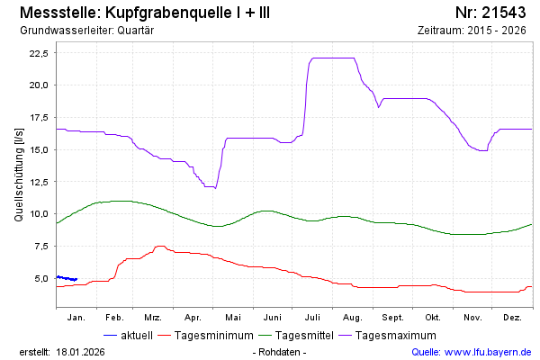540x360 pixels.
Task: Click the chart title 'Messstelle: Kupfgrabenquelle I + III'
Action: (143, 13)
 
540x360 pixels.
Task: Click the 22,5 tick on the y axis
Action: (39, 52)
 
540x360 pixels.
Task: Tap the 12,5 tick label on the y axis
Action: (39, 182)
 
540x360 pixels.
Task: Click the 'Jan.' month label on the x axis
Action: (76, 318)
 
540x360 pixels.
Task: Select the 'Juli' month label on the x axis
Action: (313, 318)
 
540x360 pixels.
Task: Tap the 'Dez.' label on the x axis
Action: (512, 318)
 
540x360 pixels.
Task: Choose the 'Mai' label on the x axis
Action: (233, 318)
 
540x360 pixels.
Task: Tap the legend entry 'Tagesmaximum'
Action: (395, 336)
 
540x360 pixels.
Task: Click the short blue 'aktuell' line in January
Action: (67, 278)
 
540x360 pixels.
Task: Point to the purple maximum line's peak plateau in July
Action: (331, 58)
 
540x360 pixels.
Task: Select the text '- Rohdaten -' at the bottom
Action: (281, 352)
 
